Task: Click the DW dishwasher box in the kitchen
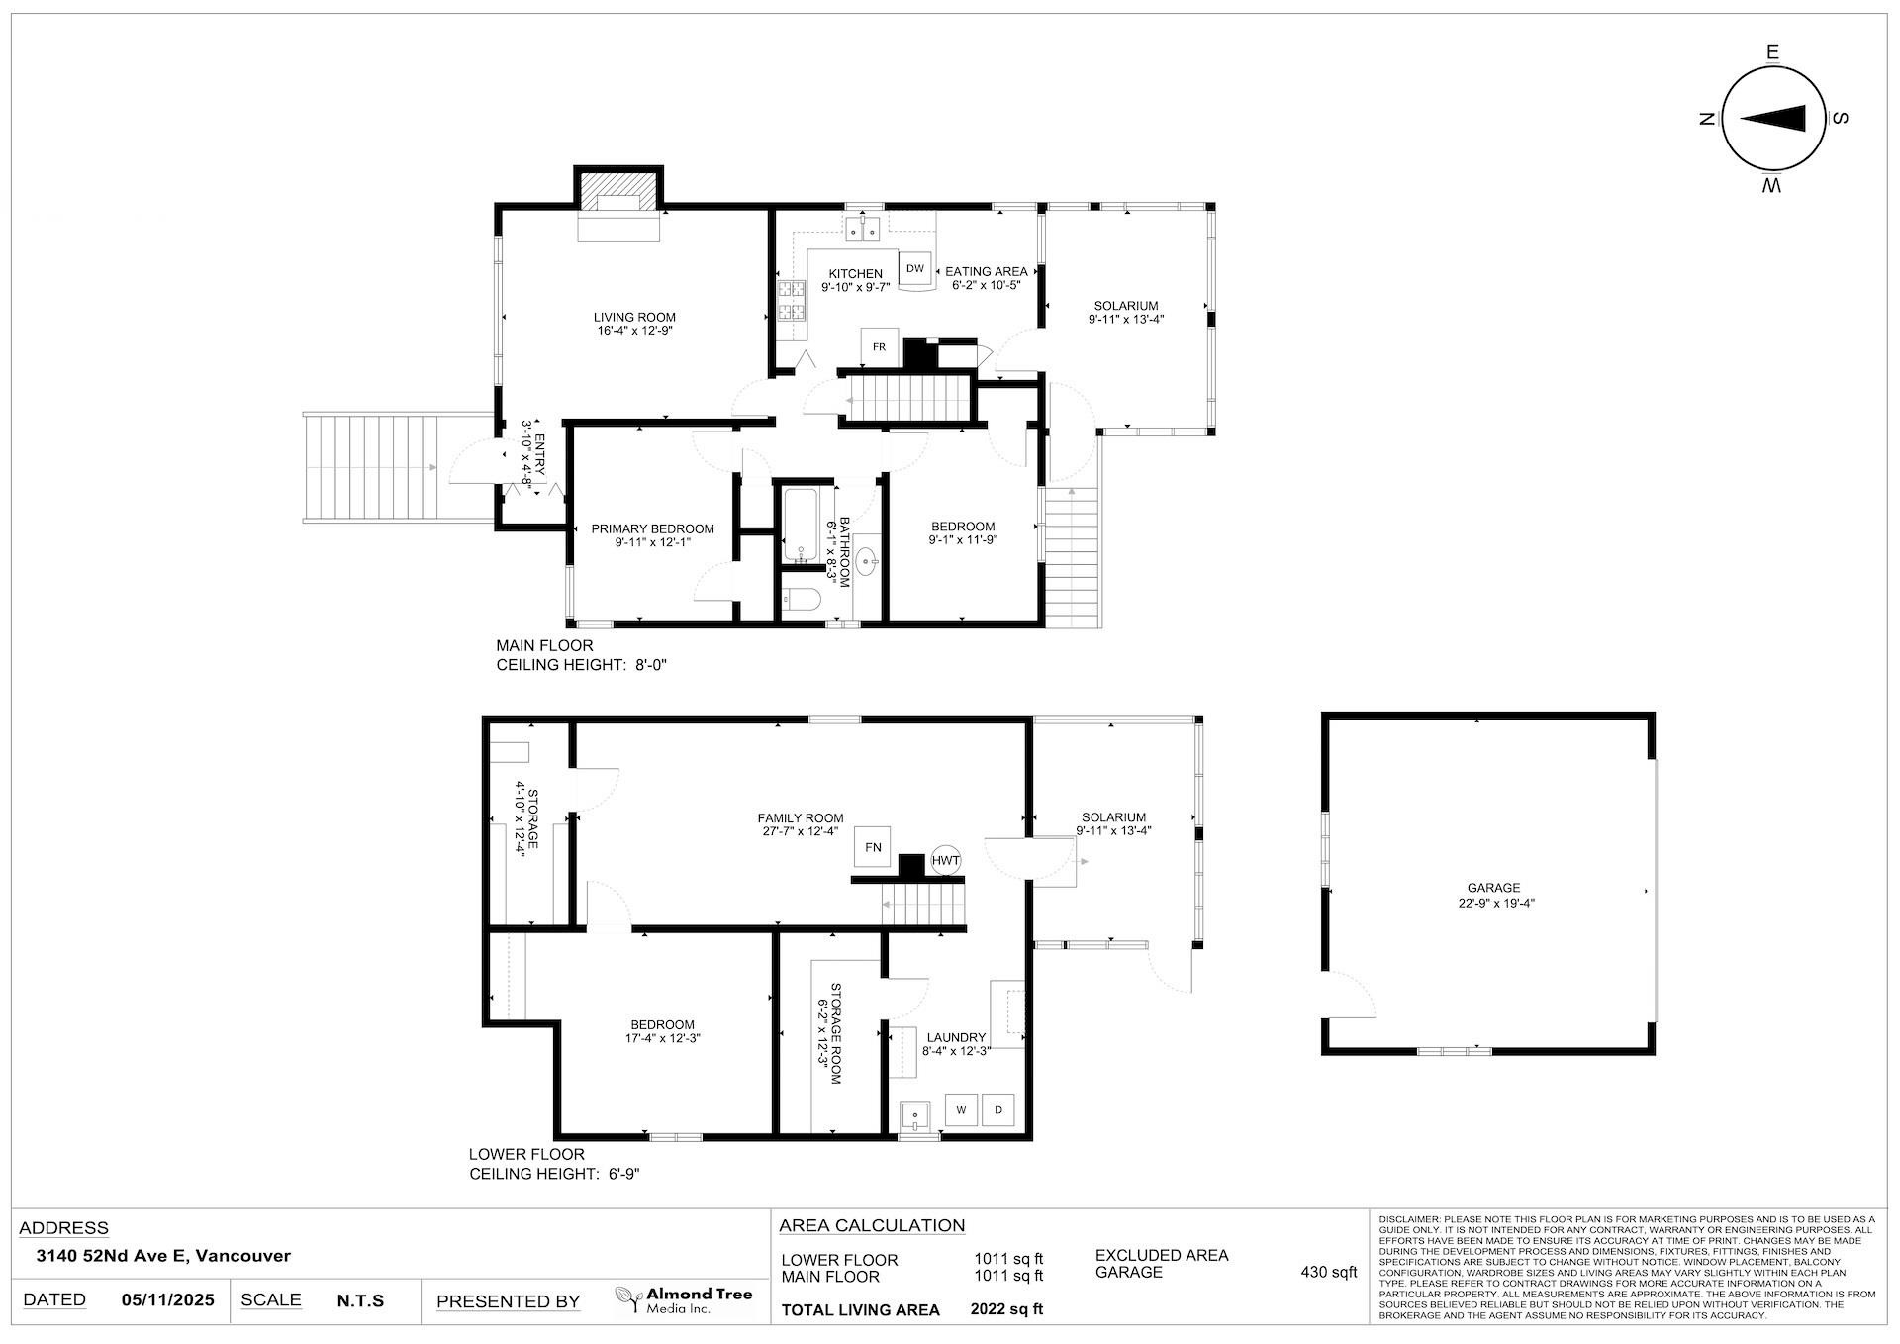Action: click(914, 268)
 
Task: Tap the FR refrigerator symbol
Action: click(878, 347)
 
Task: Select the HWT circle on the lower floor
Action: click(945, 861)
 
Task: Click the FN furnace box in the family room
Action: click(872, 847)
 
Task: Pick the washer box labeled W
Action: click(960, 1110)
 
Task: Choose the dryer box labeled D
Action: click(998, 1110)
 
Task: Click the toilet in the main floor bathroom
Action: click(801, 599)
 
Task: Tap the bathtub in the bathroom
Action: click(799, 525)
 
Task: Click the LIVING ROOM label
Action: click(634, 317)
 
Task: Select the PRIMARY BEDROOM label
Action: click(652, 528)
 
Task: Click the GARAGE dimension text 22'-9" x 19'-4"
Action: click(1493, 903)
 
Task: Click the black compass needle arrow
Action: click(1772, 119)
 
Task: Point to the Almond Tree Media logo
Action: click(683, 1299)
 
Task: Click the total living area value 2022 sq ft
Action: click(1006, 1309)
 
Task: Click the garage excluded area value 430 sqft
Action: click(1328, 1272)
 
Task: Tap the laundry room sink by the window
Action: click(916, 1117)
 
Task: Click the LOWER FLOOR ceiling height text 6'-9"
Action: click(624, 1174)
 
